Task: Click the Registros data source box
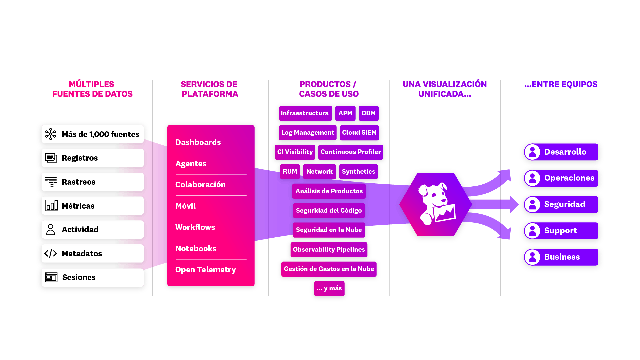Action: pos(92,158)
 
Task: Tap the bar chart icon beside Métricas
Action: pos(52,206)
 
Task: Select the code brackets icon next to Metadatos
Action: pos(51,253)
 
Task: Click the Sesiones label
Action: pos(79,277)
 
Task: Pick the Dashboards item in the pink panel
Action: pos(198,142)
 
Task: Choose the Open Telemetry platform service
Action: pos(205,270)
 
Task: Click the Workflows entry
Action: pos(195,227)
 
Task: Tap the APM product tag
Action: pos(345,113)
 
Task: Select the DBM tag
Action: pos(368,113)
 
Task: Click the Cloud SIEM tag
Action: pos(359,133)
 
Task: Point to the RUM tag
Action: pos(290,172)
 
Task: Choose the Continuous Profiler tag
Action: pos(350,152)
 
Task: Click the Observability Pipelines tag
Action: pos(329,250)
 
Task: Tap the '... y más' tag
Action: pos(329,288)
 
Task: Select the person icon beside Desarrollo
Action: pos(532,152)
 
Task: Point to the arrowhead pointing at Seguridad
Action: pos(514,204)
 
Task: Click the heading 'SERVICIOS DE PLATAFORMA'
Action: pos(210,89)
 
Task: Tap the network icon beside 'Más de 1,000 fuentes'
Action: pos(51,134)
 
